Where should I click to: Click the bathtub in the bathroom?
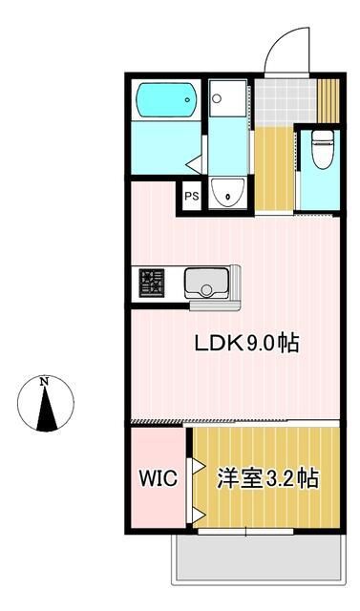(x=165, y=99)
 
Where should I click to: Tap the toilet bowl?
(x=323, y=149)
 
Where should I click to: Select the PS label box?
(x=191, y=196)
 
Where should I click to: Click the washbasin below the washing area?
(x=227, y=192)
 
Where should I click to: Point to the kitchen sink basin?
(x=206, y=284)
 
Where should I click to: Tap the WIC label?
(x=159, y=478)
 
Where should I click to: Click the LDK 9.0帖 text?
(x=246, y=344)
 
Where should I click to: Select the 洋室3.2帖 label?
(x=268, y=478)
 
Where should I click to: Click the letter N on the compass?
(x=45, y=382)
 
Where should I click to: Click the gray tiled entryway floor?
(x=286, y=102)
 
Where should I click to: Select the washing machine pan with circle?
(x=228, y=98)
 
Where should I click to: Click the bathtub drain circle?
(x=188, y=99)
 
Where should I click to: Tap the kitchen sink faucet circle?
(x=206, y=290)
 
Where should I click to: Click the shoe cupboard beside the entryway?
(x=328, y=101)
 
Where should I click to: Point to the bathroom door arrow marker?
(x=195, y=164)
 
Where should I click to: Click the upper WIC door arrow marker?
(x=197, y=465)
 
